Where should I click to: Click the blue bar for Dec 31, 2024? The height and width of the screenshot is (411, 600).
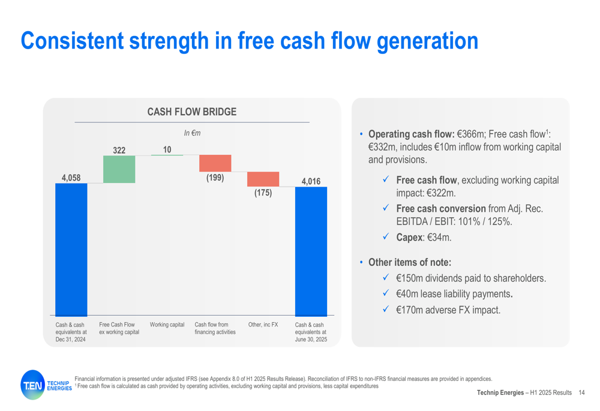(71, 250)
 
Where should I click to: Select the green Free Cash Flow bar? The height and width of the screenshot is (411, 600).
(119, 169)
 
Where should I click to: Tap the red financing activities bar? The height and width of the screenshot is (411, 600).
(215, 163)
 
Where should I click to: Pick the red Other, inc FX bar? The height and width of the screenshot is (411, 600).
(263, 179)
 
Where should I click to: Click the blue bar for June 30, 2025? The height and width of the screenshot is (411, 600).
(311, 251)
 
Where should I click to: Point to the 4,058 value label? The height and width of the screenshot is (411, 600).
(71, 178)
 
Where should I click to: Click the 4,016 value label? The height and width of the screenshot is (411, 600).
(311, 181)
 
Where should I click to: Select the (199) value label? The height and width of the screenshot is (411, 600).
(215, 178)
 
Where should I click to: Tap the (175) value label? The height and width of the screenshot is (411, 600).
(263, 193)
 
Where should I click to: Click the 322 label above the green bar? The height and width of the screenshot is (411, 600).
(119, 151)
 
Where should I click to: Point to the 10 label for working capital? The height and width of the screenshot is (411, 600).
(167, 149)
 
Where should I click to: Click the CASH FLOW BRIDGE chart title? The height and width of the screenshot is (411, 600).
(192, 112)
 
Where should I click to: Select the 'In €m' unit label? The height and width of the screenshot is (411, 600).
(192, 133)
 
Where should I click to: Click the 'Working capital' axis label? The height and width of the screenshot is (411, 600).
(167, 325)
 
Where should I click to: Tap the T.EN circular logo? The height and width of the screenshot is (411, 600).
(33, 385)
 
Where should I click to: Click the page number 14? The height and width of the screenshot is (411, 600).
(581, 392)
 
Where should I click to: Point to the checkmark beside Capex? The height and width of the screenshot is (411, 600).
(386, 236)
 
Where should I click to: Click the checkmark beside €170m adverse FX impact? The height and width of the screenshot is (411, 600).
(386, 308)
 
